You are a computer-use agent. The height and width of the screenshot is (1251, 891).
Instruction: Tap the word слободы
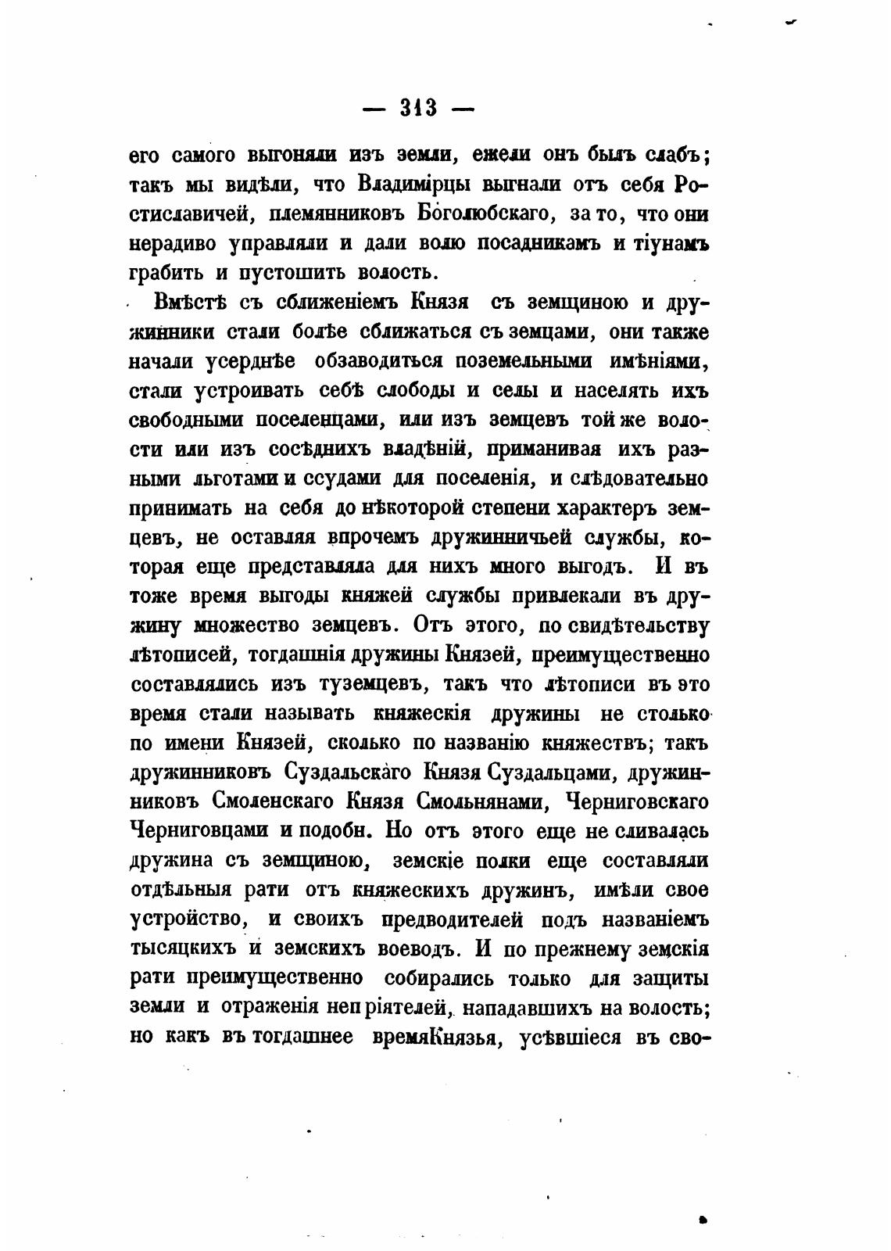(x=408, y=390)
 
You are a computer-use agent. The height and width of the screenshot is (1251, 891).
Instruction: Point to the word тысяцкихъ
(x=181, y=948)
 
